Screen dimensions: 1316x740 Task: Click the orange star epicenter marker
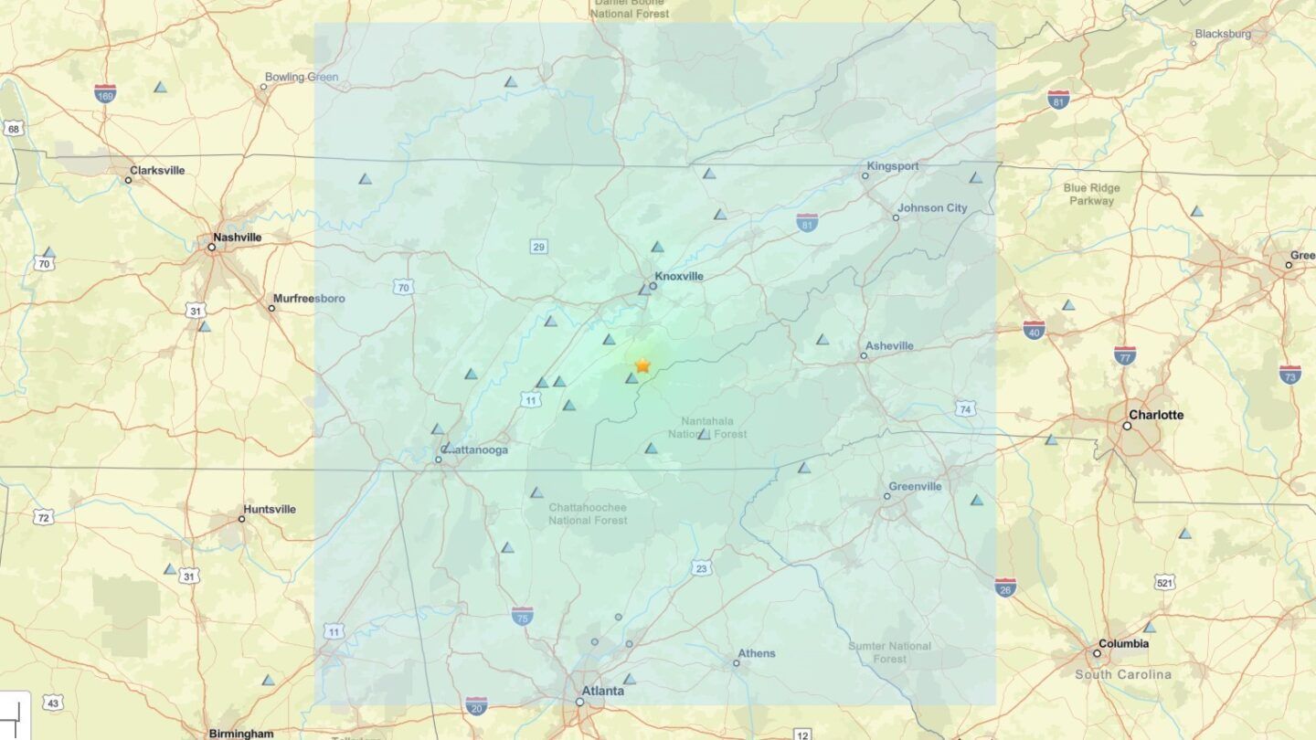(642, 365)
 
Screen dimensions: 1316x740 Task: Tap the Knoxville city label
(679, 276)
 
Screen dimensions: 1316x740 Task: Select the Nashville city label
(237, 238)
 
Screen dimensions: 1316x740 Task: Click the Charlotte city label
(1156, 415)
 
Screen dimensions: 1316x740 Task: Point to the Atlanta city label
(603, 691)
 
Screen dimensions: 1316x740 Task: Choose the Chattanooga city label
(474, 449)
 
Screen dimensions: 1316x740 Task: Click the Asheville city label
(890, 346)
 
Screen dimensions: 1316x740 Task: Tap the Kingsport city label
(893, 166)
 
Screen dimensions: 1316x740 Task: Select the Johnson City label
(931, 208)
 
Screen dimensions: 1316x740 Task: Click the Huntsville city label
(270, 510)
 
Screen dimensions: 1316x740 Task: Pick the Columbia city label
(1123, 644)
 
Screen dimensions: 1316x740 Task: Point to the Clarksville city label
(157, 171)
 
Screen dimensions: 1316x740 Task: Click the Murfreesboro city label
(309, 299)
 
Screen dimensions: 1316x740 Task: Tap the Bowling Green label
(302, 78)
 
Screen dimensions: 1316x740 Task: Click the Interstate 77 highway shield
(1125, 354)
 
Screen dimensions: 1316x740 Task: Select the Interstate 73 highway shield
(1289, 374)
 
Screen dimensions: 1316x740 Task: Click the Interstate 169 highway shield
(105, 92)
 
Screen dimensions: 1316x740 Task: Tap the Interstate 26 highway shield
(1005, 587)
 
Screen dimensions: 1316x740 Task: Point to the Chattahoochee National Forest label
(588, 513)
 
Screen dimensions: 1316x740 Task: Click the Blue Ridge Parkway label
(1091, 195)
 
